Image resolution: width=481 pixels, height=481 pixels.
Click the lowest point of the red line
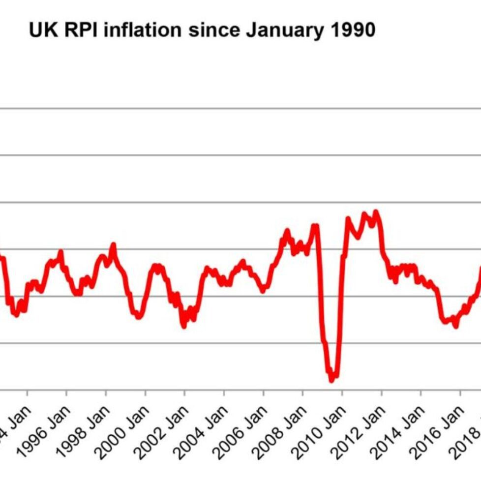pos(331,379)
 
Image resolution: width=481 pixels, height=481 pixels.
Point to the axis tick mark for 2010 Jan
pos(342,393)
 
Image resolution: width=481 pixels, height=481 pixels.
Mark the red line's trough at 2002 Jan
pos(184,326)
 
